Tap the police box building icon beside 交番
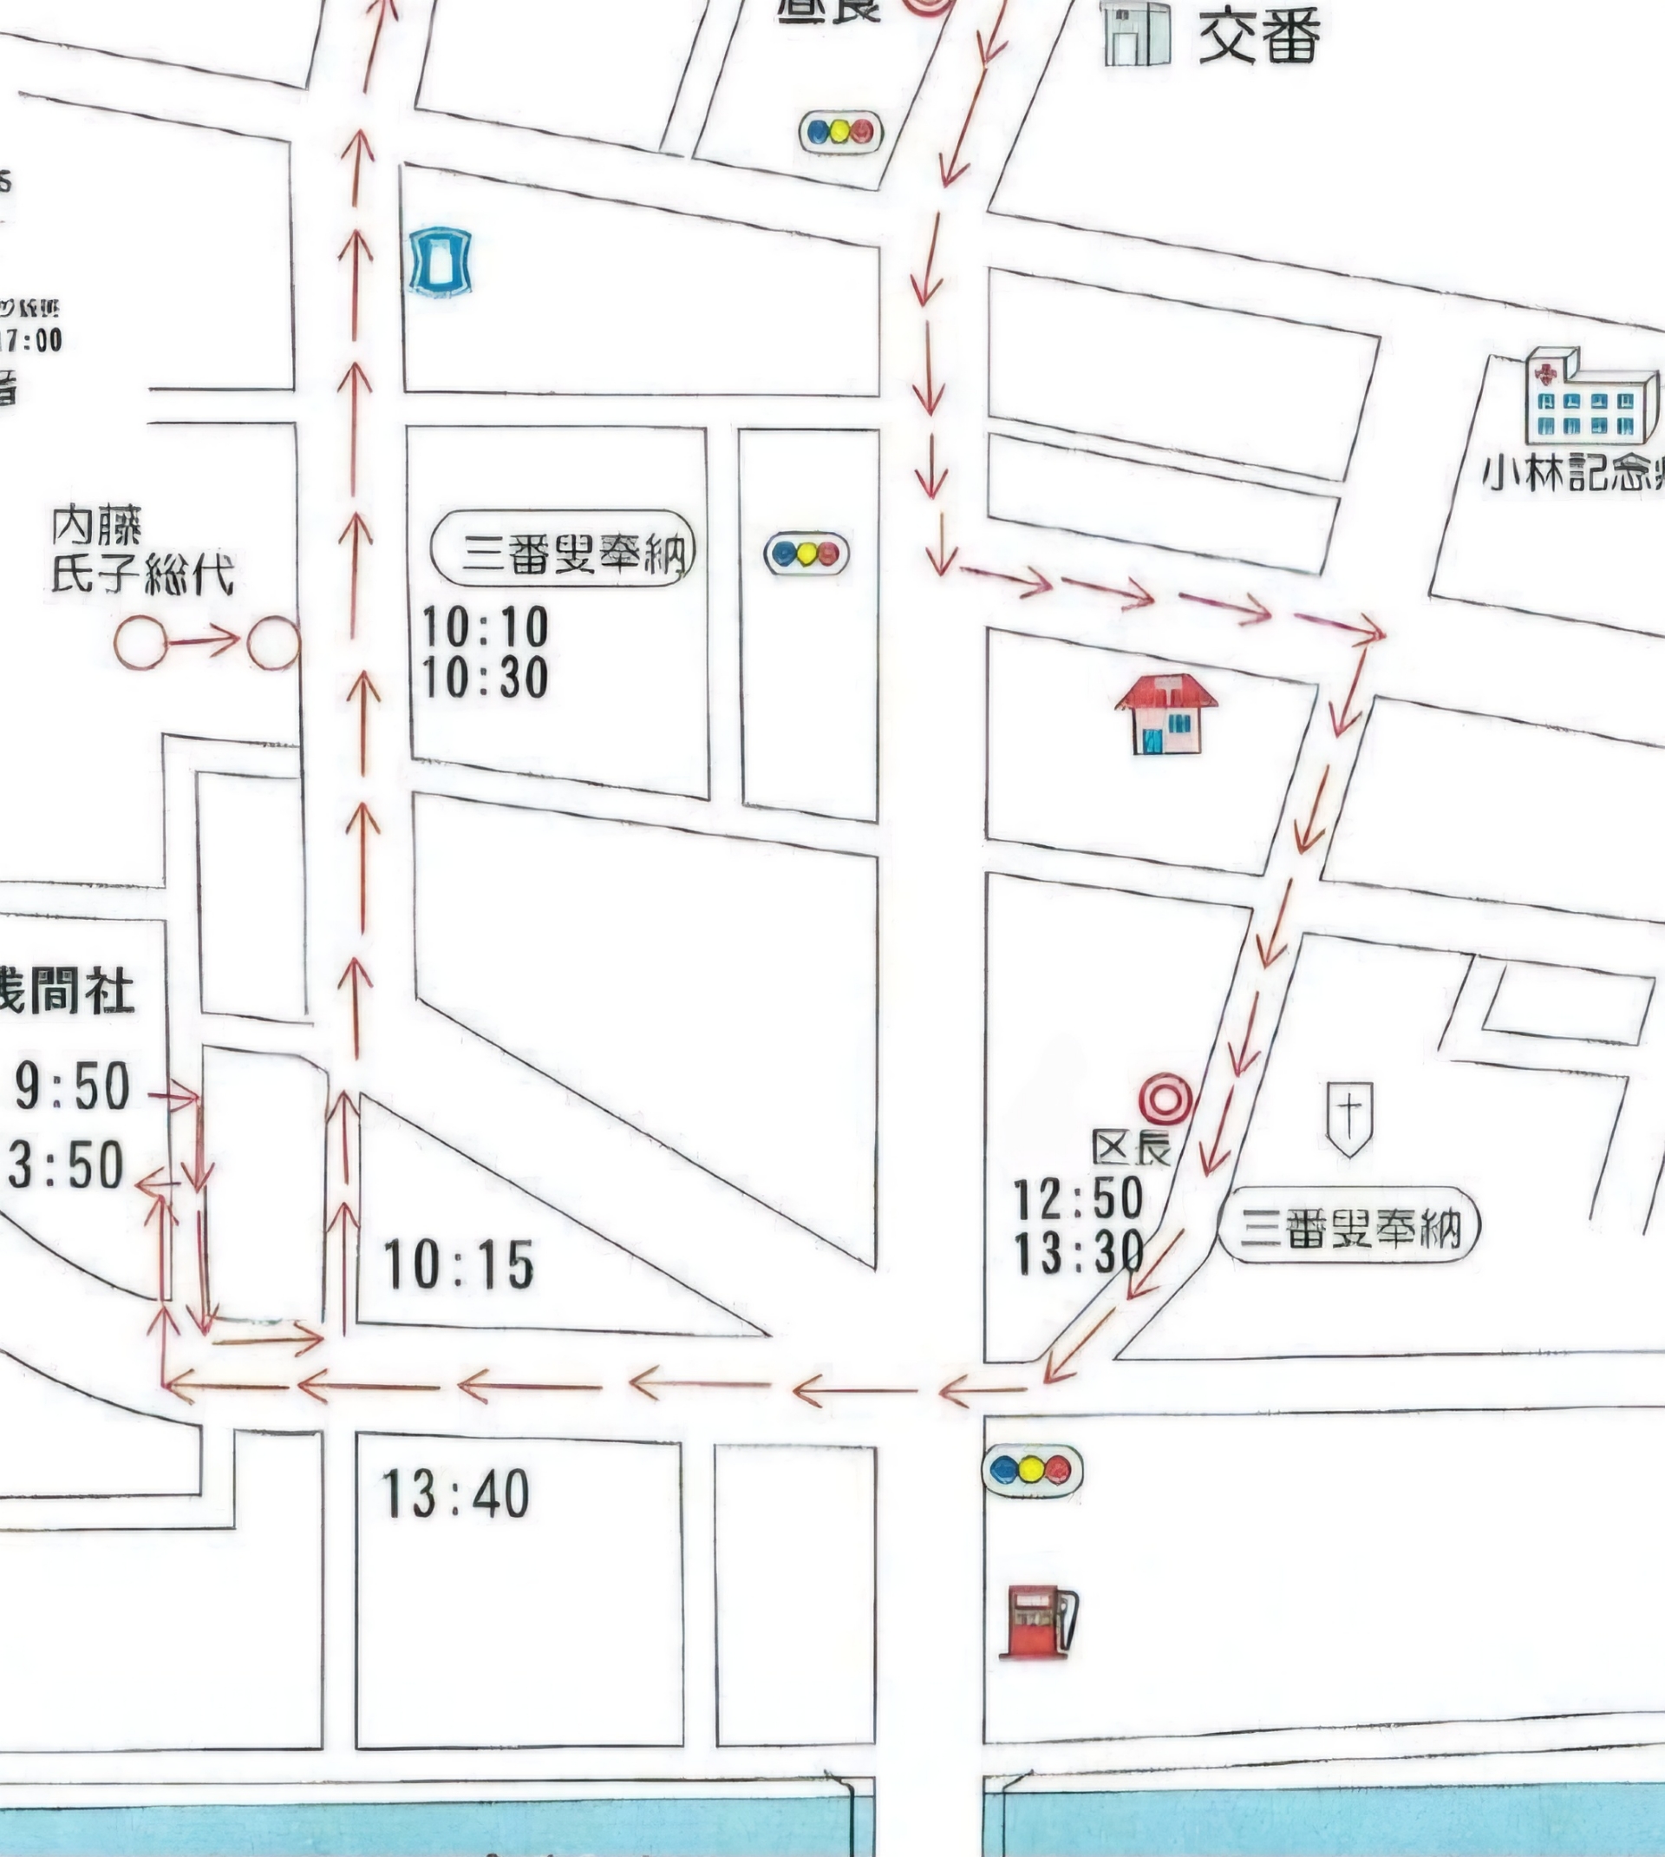coord(1136,34)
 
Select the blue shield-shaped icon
coord(440,262)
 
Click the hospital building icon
coord(1590,398)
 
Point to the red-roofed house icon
coord(1165,714)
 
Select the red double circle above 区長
coord(1165,1099)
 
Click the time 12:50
coord(1078,1198)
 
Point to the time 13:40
coord(454,1493)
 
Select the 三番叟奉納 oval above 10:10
coord(564,549)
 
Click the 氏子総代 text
coord(142,574)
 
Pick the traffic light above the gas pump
coord(1032,1470)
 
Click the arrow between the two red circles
coord(204,640)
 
